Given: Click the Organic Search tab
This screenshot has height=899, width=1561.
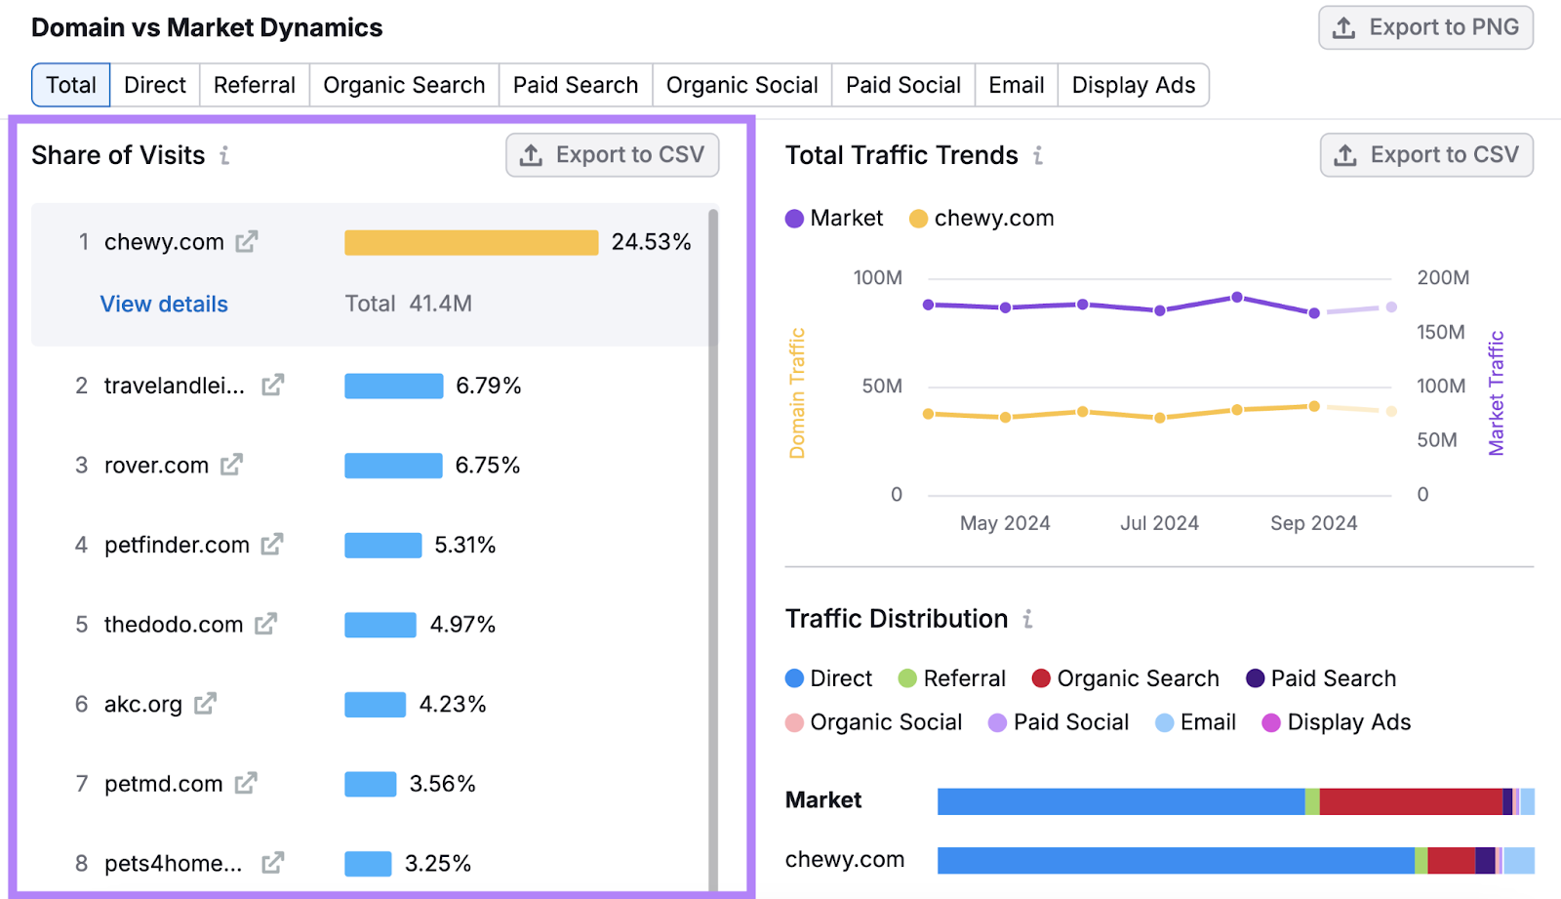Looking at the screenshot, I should click(404, 86).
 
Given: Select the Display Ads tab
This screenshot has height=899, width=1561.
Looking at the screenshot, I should click(1133, 86).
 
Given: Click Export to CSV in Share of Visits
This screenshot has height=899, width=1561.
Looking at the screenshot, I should click(613, 155).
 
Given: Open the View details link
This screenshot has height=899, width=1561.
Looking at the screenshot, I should click(164, 305).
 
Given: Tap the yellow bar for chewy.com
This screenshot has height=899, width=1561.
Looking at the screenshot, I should click(471, 242).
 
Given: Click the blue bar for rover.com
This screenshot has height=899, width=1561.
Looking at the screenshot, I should click(393, 466).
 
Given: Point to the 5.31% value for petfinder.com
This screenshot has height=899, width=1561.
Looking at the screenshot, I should click(464, 545).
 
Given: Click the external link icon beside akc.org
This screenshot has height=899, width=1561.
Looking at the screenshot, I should click(205, 704).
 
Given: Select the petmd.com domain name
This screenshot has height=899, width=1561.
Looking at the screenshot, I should click(163, 784).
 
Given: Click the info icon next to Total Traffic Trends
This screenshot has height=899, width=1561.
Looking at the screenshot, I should click(1038, 155).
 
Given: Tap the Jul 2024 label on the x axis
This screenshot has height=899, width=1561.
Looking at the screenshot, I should click(1159, 523).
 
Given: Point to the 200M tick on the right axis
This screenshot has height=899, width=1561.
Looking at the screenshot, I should click(1443, 278).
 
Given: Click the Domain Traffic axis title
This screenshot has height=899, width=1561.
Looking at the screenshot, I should click(797, 393).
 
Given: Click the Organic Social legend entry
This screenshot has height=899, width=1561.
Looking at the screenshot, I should click(874, 722).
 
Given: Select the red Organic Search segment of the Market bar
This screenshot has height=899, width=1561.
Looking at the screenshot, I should click(1410, 801).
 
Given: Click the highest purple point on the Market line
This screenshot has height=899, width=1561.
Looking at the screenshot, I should click(1237, 297).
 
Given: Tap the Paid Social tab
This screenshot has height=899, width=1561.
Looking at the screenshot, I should click(902, 86).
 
